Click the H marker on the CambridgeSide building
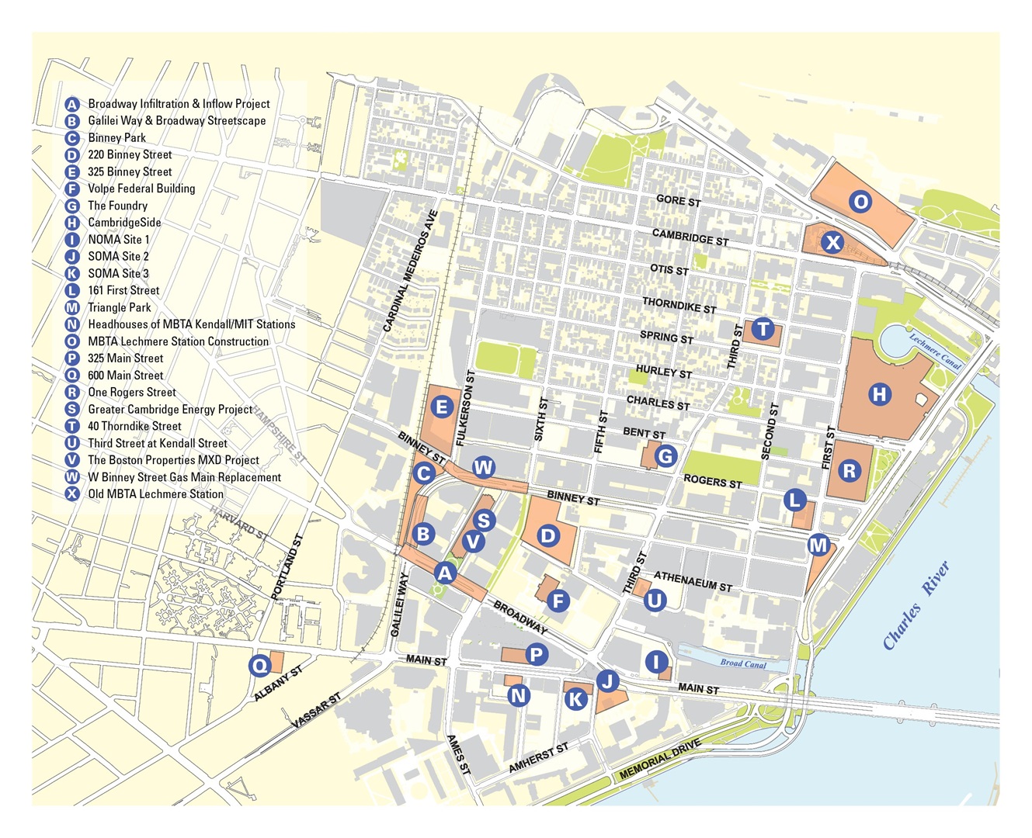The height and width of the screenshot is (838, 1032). pyautogui.click(x=879, y=394)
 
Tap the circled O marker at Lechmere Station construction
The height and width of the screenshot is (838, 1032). pyautogui.click(x=860, y=203)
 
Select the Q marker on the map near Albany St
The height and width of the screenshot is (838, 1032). pyautogui.click(x=259, y=666)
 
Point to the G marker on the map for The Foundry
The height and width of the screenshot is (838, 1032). pyautogui.click(x=665, y=456)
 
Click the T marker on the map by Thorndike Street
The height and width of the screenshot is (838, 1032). pyautogui.click(x=763, y=329)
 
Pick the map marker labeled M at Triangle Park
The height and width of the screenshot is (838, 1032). pyautogui.click(x=818, y=545)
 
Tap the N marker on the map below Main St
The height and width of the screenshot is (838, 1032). pyautogui.click(x=519, y=695)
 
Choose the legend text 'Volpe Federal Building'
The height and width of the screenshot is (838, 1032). pyautogui.click(x=141, y=189)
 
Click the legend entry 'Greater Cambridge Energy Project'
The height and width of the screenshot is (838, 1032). pyautogui.click(x=170, y=409)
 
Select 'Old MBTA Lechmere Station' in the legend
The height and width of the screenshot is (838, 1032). pyautogui.click(x=155, y=493)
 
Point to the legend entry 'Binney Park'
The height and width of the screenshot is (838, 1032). pyautogui.click(x=116, y=137)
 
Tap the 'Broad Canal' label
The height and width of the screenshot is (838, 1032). pyautogui.click(x=742, y=663)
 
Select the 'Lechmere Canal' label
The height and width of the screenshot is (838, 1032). pyautogui.click(x=935, y=351)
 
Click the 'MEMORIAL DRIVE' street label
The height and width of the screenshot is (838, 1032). pyautogui.click(x=660, y=760)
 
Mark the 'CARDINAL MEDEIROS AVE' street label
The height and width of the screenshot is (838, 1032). pyautogui.click(x=411, y=272)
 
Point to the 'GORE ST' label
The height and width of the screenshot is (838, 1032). pyautogui.click(x=678, y=201)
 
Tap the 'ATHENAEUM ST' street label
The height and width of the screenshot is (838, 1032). pyautogui.click(x=693, y=581)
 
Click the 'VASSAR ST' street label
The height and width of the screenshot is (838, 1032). pyautogui.click(x=316, y=711)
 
